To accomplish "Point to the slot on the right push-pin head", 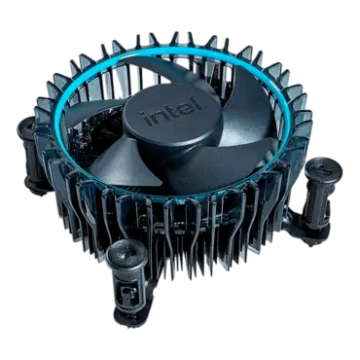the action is [x=323, y=167].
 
